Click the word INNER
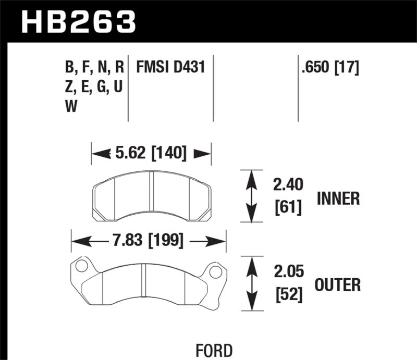click(338, 198)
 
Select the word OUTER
click(338, 285)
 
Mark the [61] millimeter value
click(287, 209)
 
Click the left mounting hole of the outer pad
click(80, 267)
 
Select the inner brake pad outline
click(151, 196)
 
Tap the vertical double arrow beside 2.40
click(252, 196)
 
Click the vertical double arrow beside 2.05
click(252, 283)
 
